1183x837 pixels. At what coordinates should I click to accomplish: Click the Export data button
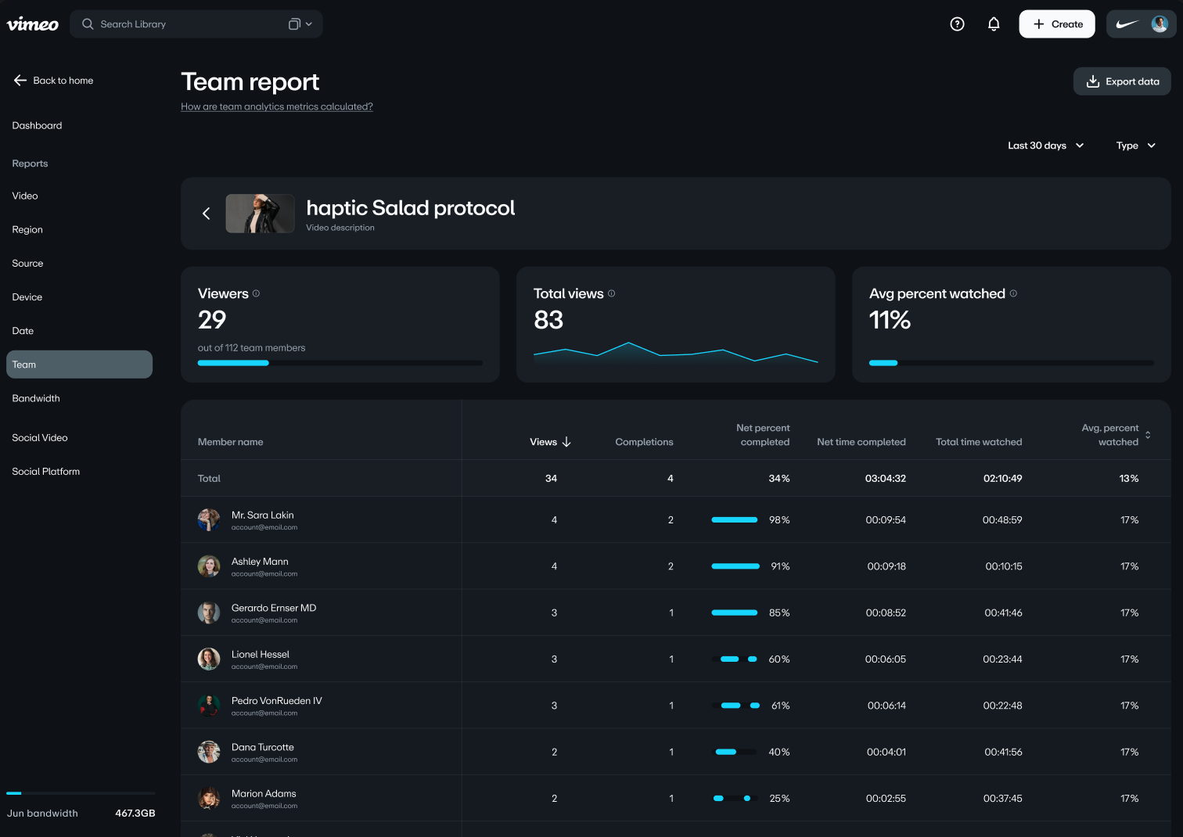1122,81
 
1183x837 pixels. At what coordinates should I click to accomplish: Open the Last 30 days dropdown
1045,145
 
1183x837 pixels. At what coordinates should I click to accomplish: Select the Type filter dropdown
1135,145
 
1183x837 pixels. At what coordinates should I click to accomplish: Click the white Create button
1056,24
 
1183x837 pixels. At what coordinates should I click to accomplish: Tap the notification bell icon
994,24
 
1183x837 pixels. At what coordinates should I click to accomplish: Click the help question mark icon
957,24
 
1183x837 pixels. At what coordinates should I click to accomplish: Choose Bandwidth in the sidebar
36,398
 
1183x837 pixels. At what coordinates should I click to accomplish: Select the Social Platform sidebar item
46,472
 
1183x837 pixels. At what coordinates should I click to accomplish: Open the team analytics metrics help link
277,107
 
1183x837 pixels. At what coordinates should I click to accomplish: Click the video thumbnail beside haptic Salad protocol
260,214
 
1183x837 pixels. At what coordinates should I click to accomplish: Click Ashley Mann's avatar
209,566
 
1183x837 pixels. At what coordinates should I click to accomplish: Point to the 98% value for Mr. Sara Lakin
779,520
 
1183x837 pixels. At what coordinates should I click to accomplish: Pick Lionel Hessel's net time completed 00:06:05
885,659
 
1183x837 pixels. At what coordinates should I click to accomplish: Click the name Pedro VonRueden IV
276,701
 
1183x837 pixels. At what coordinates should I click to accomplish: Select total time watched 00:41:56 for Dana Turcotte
1003,753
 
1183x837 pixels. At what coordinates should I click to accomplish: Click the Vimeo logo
33,24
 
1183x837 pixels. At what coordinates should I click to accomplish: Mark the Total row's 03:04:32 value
885,479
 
